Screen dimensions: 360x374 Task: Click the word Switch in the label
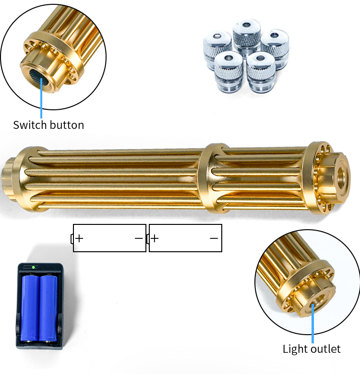[30, 125]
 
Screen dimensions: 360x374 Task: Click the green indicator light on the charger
[34, 268]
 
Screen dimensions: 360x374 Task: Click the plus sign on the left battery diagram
[79, 238]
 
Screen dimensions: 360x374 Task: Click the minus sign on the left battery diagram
[139, 238]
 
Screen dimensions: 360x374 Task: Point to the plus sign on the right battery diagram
[155, 238]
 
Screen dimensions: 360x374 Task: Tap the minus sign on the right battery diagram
[214, 238]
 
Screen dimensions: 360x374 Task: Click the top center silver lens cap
[247, 36]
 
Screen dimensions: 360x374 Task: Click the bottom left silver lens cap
[228, 71]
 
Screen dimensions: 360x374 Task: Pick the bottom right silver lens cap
[261, 71]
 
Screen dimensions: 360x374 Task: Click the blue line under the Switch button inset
[41, 98]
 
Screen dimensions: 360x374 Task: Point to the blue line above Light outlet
[313, 323]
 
